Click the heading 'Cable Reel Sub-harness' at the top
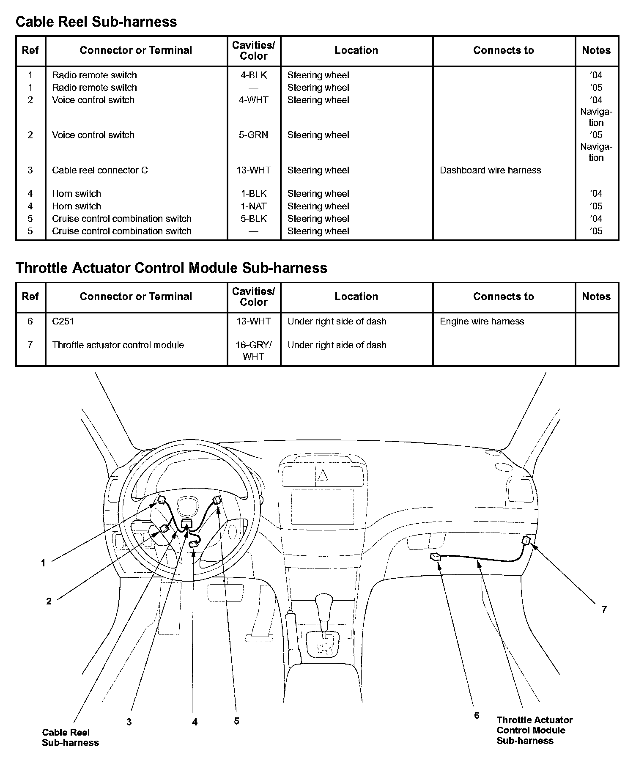click(96, 22)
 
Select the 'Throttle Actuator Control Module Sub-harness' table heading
click(171, 268)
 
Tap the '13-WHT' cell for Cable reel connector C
click(253, 170)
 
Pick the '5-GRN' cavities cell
click(253, 135)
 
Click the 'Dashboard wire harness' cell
click(490, 170)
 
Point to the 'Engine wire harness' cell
click(482, 321)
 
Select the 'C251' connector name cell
click(63, 321)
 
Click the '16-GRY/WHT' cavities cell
click(253, 351)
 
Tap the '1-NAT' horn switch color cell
click(253, 206)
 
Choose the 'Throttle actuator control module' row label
click(118, 345)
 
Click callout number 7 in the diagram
click(604, 610)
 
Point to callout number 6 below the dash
click(477, 715)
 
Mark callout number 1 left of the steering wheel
click(43, 563)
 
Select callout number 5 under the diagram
click(236, 721)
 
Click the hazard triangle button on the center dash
click(323, 476)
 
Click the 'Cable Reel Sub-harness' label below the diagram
click(70, 737)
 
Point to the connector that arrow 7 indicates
click(526, 540)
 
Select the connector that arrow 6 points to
click(436, 557)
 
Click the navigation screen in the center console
click(323, 506)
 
